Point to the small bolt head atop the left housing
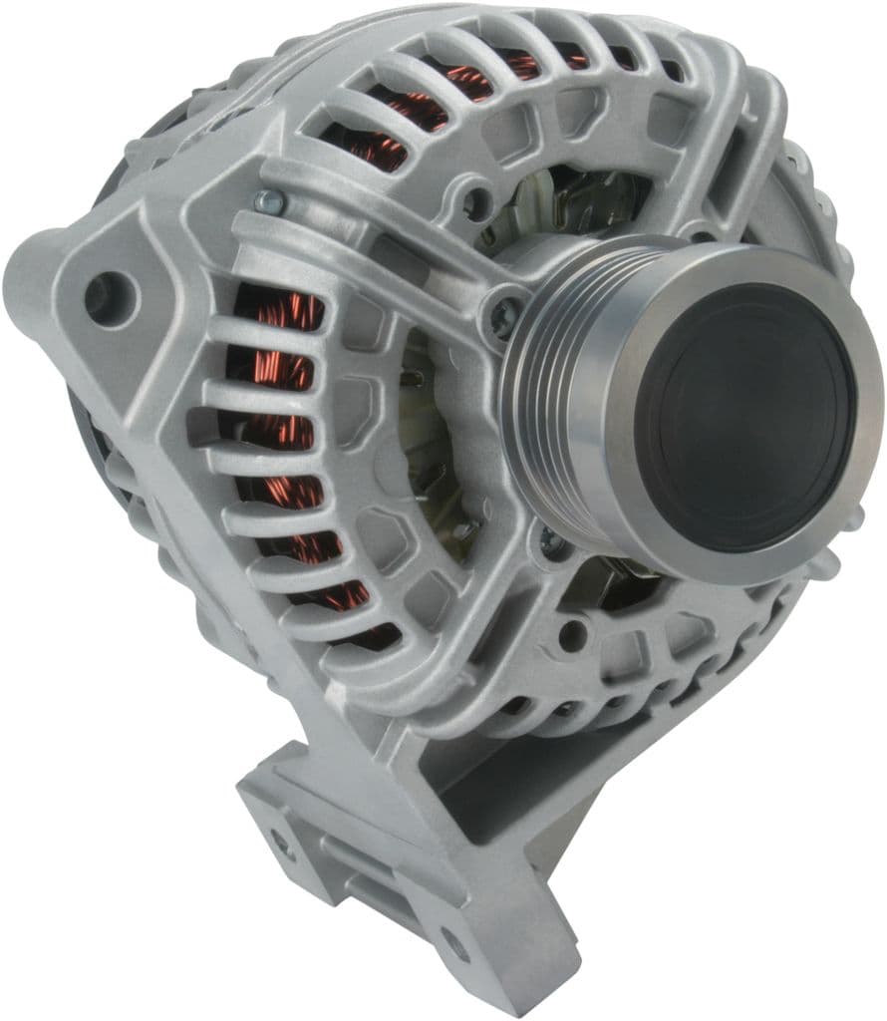coord(266,201)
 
